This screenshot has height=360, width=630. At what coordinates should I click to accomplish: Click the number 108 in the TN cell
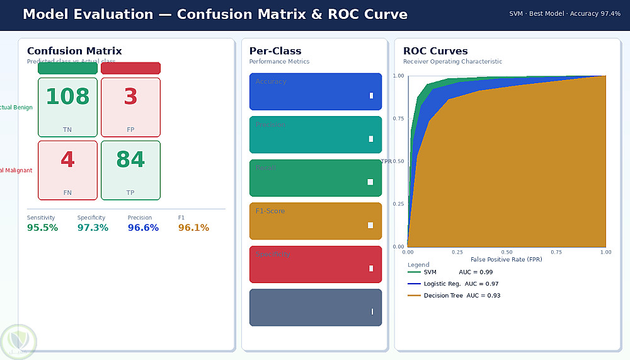pos(67,96)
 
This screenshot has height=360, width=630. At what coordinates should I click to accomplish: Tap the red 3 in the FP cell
pos(130,96)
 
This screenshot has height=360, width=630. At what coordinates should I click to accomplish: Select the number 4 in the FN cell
pos(67,160)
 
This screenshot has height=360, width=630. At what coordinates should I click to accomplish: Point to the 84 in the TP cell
pos(130,160)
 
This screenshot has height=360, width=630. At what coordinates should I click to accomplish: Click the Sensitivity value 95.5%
pos(42,228)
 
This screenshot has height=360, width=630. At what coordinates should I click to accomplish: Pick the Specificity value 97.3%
pos(93,228)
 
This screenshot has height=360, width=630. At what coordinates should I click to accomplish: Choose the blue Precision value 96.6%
pos(143,228)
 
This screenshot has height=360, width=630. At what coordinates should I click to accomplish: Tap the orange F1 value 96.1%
pos(193,228)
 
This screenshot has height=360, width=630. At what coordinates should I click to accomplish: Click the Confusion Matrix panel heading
pos(74,51)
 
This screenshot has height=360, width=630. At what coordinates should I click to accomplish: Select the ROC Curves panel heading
pos(435,51)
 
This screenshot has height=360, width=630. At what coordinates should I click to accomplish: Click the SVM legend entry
pos(430,272)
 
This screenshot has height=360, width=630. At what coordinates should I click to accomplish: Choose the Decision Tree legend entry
pos(444,295)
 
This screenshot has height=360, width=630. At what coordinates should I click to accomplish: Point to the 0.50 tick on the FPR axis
pos(507,252)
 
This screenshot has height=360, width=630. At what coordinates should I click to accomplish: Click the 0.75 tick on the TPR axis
pos(399,119)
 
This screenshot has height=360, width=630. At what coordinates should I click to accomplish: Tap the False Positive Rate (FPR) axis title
pos(507,259)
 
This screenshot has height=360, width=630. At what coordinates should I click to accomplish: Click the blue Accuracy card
pos(315,91)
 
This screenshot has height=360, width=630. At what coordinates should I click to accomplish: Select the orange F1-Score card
pos(315,221)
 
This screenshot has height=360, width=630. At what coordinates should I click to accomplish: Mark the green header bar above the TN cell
pos(67,68)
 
